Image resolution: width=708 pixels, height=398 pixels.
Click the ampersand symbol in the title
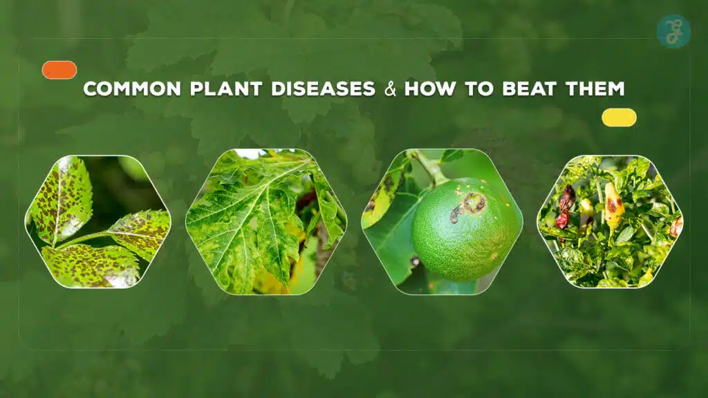tap(391, 90)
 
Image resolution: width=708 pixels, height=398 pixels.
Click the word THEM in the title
tap(593, 89)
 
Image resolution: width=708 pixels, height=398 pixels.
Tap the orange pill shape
tap(59, 70)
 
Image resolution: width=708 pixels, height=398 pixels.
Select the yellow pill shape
tap(619, 117)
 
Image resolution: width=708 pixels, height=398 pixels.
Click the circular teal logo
tap(673, 32)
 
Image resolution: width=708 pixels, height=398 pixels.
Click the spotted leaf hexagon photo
tap(97, 222)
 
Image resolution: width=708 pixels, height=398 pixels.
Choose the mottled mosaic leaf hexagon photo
tap(265, 222)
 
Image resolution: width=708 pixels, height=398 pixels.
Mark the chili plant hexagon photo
tap(610, 222)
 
